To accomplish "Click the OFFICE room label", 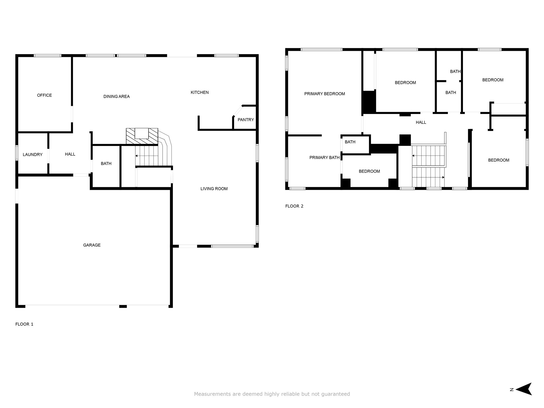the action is [x=44, y=95].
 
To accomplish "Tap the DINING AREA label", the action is [x=117, y=97].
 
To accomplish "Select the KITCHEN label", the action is [x=200, y=92].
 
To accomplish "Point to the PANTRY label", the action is [x=246, y=120].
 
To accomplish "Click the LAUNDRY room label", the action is [x=33, y=155].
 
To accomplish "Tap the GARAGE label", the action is [x=92, y=245].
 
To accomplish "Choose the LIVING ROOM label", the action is [x=214, y=189].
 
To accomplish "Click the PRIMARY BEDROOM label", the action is [x=325, y=94].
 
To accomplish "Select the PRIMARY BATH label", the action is [x=325, y=158].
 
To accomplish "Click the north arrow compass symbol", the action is [x=524, y=389].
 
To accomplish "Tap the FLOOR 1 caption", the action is [x=24, y=324].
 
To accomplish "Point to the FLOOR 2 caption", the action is [x=294, y=206].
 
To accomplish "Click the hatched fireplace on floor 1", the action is [x=142, y=137].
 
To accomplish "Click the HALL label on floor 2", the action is [x=421, y=122].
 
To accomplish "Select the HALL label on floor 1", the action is [x=70, y=154].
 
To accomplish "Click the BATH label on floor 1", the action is [x=106, y=164].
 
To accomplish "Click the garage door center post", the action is [x=123, y=306].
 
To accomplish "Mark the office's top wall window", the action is [x=48, y=56].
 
